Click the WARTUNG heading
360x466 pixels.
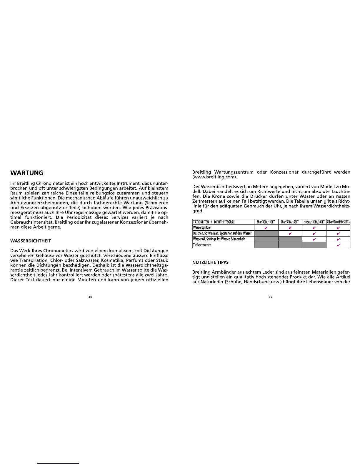pyautogui.click(x=27, y=173)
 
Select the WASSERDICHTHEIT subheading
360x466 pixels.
pyautogui.click(x=31, y=241)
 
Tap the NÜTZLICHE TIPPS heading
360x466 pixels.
pyautogui.click(x=210, y=262)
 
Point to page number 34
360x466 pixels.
pyautogui.click(x=90, y=297)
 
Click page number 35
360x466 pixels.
pyautogui.click(x=270, y=297)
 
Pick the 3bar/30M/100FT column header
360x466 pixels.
pyautogui.click(x=266, y=222)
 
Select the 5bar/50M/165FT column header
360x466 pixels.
pyautogui.click(x=290, y=222)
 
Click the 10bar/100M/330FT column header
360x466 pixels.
pyautogui.click(x=314, y=222)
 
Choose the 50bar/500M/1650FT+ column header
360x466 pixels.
pyautogui.click(x=338, y=222)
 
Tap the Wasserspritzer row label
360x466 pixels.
pyautogui.click(x=202, y=228)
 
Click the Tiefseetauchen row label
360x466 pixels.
pyautogui.click(x=202, y=245)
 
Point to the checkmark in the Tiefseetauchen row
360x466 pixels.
pyautogui.click(x=338, y=245)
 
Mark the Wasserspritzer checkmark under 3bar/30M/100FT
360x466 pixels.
pyautogui.click(x=266, y=228)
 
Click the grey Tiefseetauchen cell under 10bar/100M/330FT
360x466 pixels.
pyautogui.click(x=314, y=245)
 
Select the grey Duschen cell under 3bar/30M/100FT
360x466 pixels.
pyautogui.click(x=266, y=233)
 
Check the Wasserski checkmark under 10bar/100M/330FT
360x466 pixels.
pyautogui.click(x=314, y=239)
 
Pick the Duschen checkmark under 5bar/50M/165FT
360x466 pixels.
pyautogui.click(x=290, y=233)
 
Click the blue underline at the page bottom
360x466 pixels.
pyautogui.click(x=59, y=463)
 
